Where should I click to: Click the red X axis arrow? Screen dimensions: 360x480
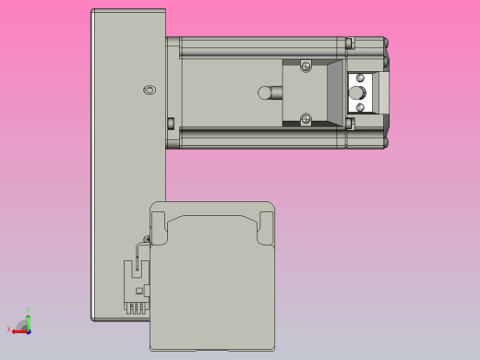tap(18, 330)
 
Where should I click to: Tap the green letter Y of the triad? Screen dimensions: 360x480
tap(29, 309)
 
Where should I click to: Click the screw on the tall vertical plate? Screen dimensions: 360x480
tap(151, 90)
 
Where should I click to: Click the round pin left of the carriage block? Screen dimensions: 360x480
tap(266, 92)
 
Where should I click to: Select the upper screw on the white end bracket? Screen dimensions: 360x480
tap(360, 78)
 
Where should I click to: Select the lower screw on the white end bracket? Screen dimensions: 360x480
tap(360, 107)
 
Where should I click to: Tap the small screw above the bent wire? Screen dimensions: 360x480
tap(148, 240)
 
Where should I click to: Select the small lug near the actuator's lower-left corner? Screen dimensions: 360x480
tap(171, 123)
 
